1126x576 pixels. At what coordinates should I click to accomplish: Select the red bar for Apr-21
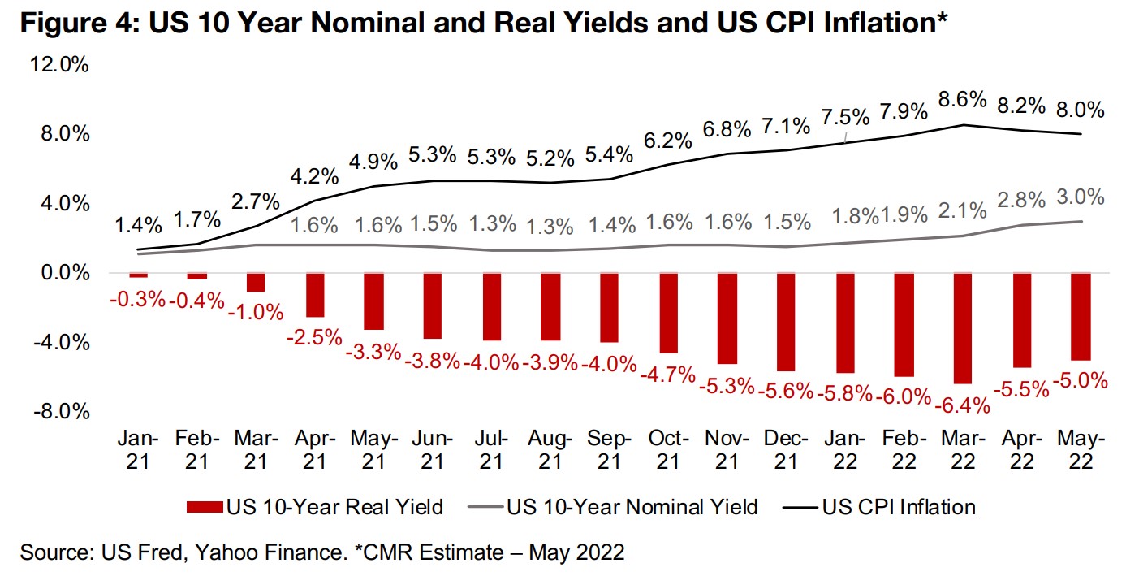tap(315, 294)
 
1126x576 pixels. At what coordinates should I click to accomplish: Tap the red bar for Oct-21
tap(668, 312)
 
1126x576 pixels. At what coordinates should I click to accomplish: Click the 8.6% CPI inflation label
tap(963, 101)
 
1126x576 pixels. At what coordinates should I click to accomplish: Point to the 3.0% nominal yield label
tap(1080, 197)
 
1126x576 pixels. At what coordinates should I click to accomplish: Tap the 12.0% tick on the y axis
tap(61, 65)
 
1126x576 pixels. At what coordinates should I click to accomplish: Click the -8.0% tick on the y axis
tap(61, 411)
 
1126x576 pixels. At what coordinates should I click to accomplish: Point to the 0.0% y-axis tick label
tap(64, 273)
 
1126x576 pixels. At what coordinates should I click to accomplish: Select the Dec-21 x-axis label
tap(786, 450)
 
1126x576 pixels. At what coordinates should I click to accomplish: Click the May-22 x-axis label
tap(1080, 450)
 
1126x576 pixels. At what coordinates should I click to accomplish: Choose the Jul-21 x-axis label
tap(491, 450)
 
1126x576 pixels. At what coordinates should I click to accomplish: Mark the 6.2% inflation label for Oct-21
tap(668, 141)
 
